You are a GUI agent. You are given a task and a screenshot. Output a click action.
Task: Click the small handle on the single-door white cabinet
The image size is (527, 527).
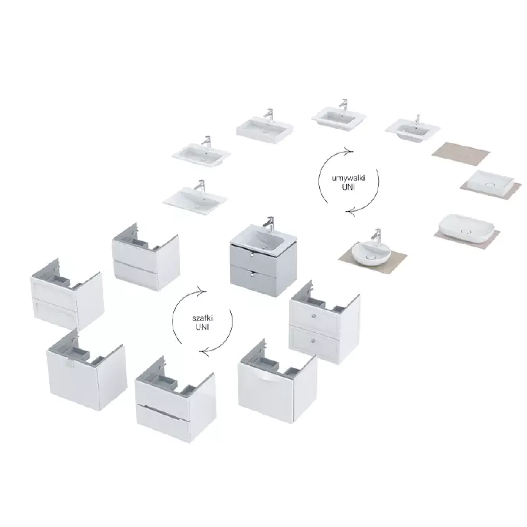(x=70, y=363)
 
